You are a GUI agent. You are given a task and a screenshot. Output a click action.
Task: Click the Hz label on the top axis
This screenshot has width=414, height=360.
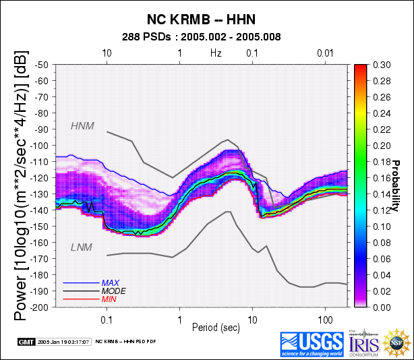(x=216, y=53)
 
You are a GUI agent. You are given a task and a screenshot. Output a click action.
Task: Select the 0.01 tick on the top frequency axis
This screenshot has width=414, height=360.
(x=326, y=53)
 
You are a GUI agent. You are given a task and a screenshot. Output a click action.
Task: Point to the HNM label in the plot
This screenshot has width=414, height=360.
(x=82, y=126)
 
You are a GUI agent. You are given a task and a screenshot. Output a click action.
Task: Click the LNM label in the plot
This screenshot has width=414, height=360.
(x=82, y=248)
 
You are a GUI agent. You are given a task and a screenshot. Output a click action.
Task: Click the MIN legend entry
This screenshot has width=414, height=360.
(x=109, y=299)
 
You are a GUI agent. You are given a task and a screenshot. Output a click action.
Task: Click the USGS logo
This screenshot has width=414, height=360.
(x=312, y=344)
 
